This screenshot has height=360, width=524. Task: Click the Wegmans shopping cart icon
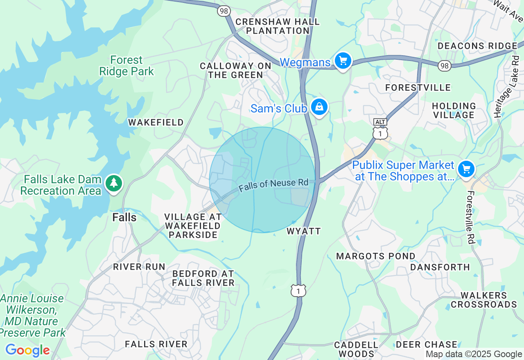[343, 61]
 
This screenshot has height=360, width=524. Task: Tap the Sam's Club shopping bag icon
[319, 107]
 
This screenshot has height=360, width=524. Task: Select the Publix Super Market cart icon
[466, 169]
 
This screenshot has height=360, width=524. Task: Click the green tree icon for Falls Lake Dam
[114, 183]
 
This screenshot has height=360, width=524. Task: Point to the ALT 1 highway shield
[380, 129]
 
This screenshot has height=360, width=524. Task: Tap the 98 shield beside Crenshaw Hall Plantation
[224, 11]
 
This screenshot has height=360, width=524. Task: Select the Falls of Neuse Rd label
[273, 185]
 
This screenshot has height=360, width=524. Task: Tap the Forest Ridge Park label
[126, 66]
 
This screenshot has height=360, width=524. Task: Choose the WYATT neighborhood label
[303, 231]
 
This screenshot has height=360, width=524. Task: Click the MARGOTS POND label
[375, 256]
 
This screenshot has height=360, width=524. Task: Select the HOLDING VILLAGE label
[454, 110]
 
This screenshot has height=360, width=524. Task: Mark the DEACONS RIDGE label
[477, 46]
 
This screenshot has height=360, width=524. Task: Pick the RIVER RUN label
[139, 267]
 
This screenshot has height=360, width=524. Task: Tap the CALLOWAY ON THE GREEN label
[235, 70]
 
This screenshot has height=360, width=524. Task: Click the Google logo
[27, 350]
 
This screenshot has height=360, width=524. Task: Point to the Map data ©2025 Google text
[474, 354]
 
